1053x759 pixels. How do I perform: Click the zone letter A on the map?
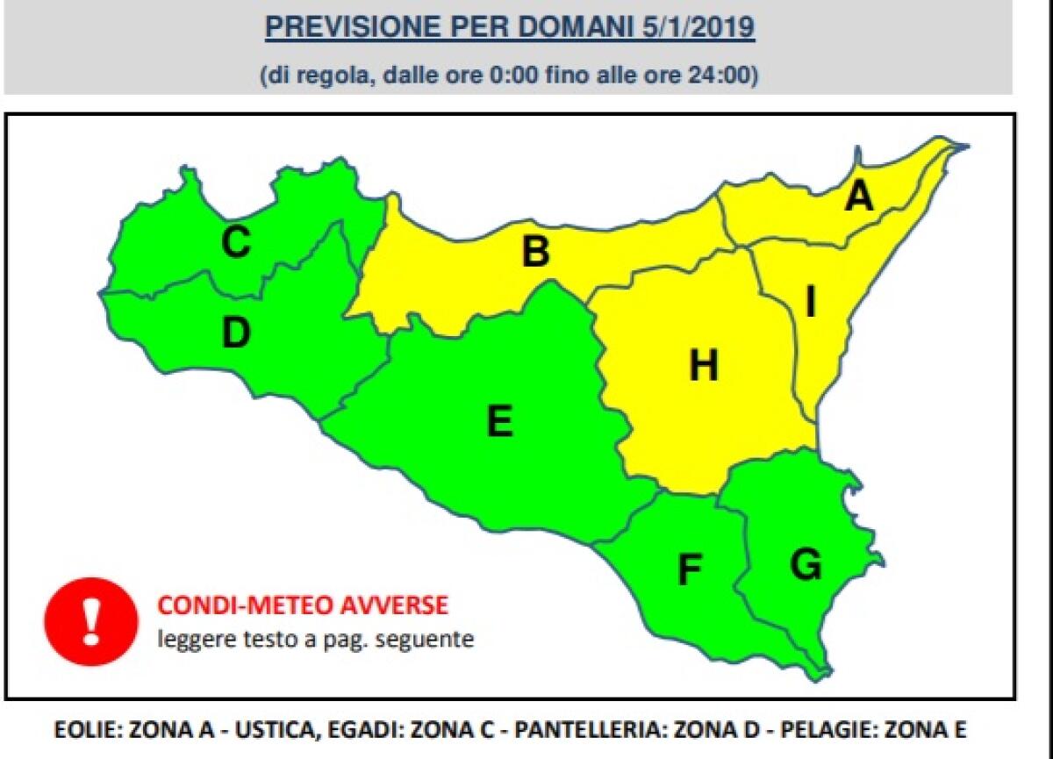858,197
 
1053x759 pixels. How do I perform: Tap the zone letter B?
535,252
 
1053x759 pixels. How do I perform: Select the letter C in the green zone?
234,243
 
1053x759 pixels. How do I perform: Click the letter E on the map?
499,422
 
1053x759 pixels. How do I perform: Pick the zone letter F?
690,571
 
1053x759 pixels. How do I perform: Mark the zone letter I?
811,303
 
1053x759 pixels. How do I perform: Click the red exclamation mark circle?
91,624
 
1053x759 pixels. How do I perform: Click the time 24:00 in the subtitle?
726,75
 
